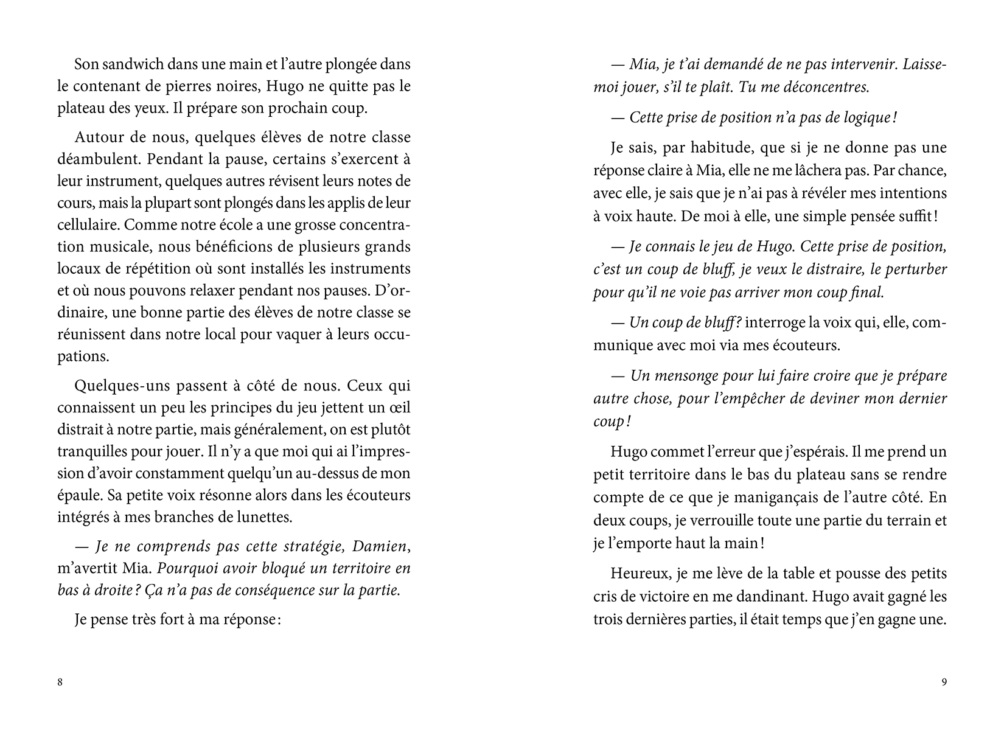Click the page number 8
pyautogui.click(x=60, y=682)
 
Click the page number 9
pyautogui.click(x=944, y=682)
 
